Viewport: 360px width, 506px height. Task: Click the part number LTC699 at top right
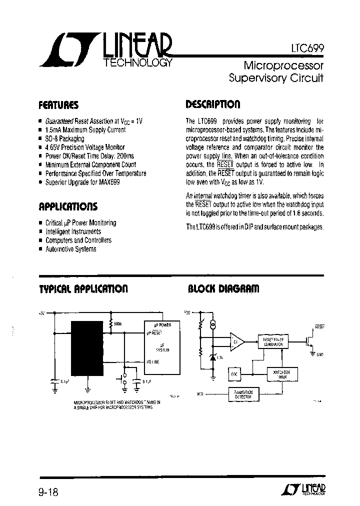pos(308,48)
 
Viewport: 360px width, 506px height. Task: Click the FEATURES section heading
pos(58,105)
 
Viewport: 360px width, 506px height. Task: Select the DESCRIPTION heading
pos(213,104)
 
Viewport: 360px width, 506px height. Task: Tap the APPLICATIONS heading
pos(68,206)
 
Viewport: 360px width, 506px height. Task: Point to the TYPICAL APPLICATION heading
pos(83,289)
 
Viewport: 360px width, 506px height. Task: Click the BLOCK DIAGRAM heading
pos(223,289)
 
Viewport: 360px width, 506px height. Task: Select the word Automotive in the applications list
pos(59,249)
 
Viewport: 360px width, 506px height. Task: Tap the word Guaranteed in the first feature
pos(59,121)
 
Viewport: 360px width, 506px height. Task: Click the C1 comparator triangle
pos(236,342)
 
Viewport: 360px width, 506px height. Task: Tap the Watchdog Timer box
pos(282,374)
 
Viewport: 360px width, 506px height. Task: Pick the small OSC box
pos(235,373)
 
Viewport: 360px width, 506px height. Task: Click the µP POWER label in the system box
pos(162,325)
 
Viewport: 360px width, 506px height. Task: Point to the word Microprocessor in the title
pos(283,65)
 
